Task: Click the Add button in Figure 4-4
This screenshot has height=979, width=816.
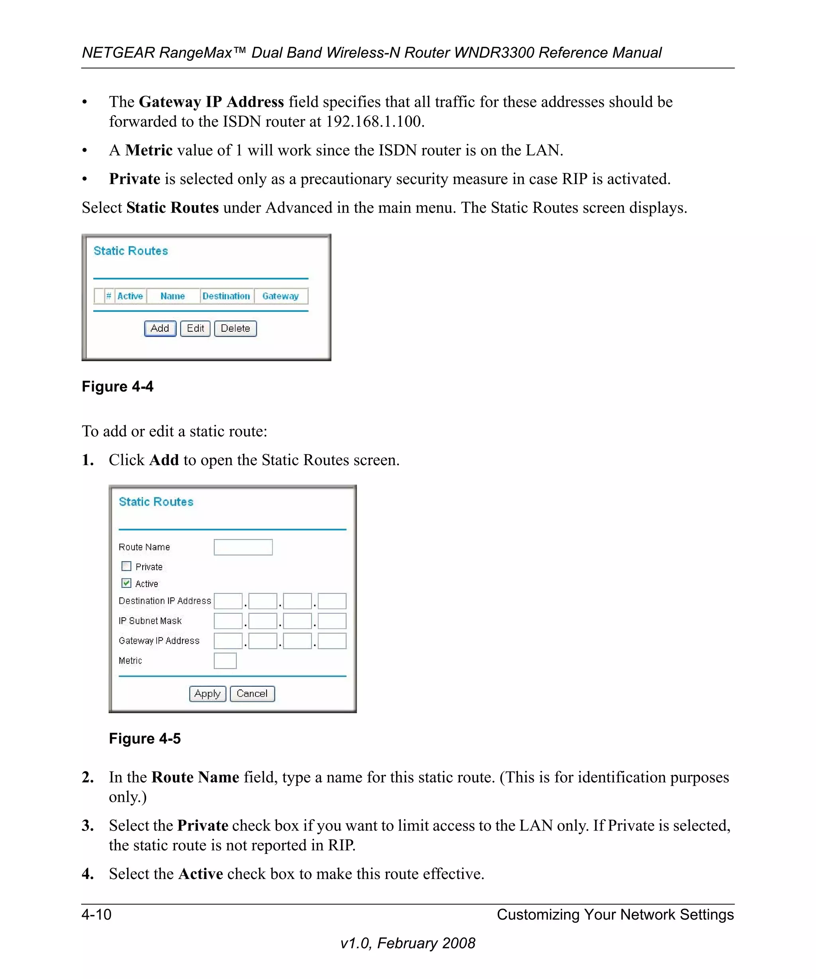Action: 160,328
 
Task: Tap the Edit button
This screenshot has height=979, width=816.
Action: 195,328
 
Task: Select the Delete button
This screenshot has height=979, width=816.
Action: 235,328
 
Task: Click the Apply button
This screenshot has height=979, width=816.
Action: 208,694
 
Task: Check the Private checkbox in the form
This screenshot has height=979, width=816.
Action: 126,566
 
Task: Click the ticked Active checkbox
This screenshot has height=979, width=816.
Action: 126,583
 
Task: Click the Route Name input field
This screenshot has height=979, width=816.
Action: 243,547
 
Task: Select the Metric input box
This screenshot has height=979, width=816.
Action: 225,661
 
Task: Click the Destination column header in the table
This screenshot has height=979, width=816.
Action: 227,296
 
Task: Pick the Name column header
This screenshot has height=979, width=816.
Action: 173,296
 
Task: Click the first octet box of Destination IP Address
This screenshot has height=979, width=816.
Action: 228,601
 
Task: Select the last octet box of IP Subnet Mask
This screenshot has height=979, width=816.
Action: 332,621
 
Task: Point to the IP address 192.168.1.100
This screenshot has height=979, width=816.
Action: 374,121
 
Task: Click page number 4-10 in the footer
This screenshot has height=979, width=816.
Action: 96,914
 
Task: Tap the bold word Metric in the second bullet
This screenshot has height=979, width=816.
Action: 149,150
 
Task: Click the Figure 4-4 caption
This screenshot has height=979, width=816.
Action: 118,386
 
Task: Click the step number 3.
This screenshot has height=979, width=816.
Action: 88,826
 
